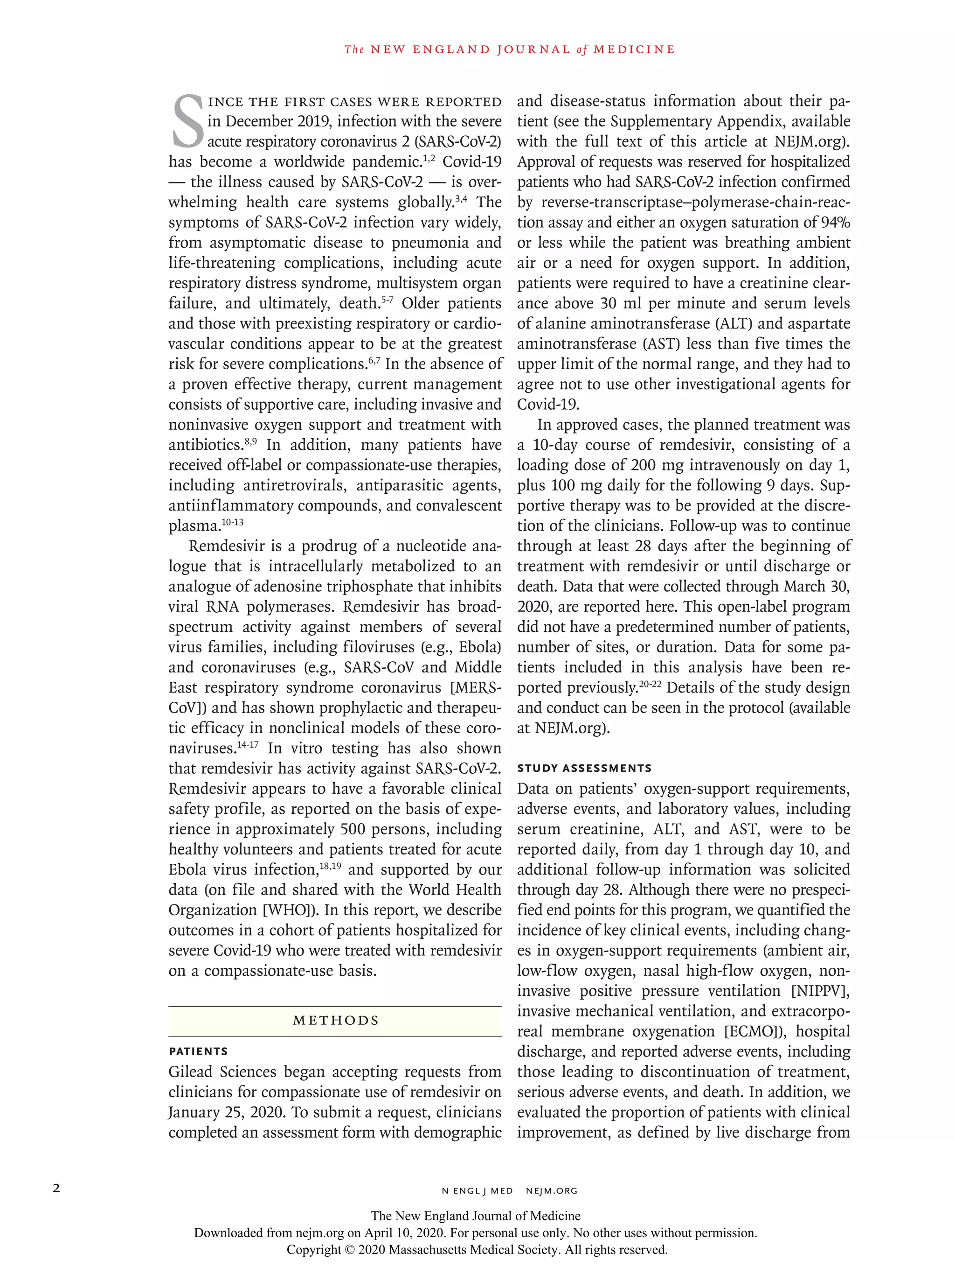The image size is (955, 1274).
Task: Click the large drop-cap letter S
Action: tap(187, 122)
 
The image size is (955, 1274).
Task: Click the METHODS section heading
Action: tap(336, 1020)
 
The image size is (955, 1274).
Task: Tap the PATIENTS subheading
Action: tap(198, 1051)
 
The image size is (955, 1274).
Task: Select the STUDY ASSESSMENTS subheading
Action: tap(584, 768)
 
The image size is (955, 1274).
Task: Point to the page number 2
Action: tap(56, 1188)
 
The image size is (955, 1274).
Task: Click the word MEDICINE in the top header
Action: tap(634, 49)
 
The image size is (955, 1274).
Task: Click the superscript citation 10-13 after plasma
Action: tap(233, 522)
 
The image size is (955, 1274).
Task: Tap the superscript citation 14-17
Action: tap(248, 745)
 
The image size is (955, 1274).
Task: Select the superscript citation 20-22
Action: tap(650, 684)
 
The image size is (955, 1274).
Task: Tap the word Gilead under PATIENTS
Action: tap(191, 1072)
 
